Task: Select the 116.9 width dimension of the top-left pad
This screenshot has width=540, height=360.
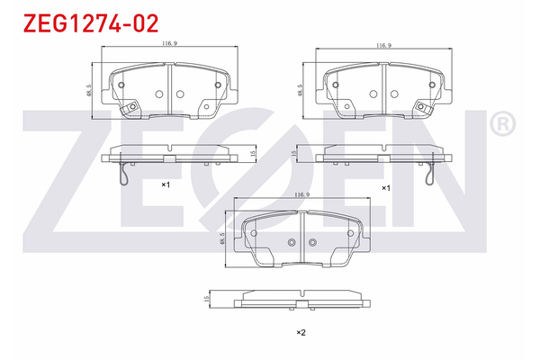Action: coord(166,43)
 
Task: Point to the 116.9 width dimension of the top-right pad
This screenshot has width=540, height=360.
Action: coord(382,44)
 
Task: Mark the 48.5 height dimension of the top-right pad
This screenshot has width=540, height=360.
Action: coord(300,91)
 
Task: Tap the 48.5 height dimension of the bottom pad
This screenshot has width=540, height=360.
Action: coord(220,240)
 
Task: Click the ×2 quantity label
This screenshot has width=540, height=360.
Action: coord(301,333)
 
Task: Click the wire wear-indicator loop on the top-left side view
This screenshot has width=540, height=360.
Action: coord(127,177)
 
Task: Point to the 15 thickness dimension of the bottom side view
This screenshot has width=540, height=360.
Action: coord(207,299)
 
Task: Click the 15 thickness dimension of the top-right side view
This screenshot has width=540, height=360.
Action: coord(295,155)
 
